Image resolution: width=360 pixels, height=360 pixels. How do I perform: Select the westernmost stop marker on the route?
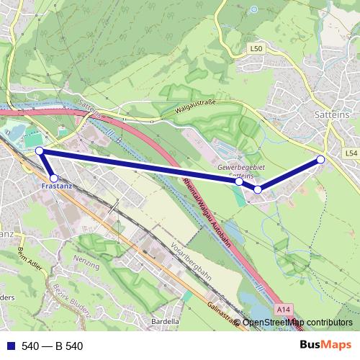(40, 150)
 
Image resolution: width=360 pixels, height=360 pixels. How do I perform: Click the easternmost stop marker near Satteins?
(320, 159)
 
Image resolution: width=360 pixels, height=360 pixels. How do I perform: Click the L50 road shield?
(257, 48)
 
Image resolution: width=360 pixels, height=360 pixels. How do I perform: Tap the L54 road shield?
(351, 154)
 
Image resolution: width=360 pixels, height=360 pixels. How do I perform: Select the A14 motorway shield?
(284, 309)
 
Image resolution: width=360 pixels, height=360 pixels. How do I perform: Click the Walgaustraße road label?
(196, 109)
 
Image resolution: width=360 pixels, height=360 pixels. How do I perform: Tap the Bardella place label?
(165, 321)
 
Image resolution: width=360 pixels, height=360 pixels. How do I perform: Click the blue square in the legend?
(10, 346)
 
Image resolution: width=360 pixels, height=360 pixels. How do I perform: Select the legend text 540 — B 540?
(53, 346)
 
